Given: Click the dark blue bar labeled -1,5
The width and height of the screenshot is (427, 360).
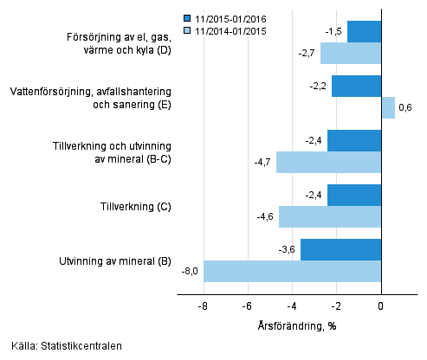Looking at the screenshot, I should [x=364, y=31].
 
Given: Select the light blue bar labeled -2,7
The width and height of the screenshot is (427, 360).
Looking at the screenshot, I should [x=351, y=53].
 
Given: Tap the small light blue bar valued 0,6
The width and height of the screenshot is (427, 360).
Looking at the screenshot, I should [x=388, y=107].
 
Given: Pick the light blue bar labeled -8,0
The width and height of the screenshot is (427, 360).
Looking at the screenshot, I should [x=292, y=271].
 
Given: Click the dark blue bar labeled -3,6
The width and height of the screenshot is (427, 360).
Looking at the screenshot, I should [x=340, y=249].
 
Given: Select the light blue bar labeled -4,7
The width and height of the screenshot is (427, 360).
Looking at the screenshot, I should [x=328, y=162].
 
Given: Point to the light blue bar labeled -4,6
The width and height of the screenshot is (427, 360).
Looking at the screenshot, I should [x=330, y=216].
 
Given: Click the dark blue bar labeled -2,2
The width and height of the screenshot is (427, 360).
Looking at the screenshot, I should [x=356, y=86].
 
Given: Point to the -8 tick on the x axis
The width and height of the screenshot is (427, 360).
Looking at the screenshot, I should [x=203, y=306].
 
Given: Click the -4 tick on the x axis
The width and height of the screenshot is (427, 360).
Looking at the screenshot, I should [x=292, y=306].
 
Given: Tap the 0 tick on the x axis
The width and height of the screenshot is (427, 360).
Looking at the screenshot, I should [x=381, y=306].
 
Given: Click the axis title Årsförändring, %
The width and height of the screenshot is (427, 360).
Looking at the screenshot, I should [x=293, y=325].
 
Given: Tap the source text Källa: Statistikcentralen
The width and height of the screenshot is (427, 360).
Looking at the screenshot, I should [x=67, y=346].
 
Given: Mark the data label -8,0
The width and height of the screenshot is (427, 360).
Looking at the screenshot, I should [x=190, y=272].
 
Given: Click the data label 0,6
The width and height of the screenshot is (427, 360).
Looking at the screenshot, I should [x=405, y=107].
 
